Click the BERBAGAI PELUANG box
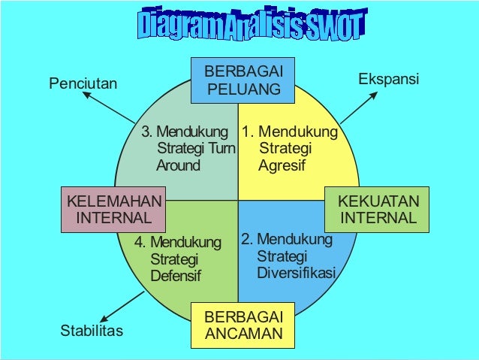pyautogui.click(x=244, y=81)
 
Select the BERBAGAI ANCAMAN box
pyautogui.click(x=244, y=324)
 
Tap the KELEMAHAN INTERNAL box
pyautogui.click(x=114, y=210)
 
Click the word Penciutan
pyautogui.click(x=83, y=83)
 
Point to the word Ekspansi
pyautogui.click(x=388, y=79)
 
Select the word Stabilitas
pyautogui.click(x=91, y=330)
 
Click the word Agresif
pyautogui.click(x=282, y=165)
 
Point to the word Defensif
pyautogui.click(x=176, y=276)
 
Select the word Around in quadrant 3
pyautogui.click(x=178, y=165)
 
